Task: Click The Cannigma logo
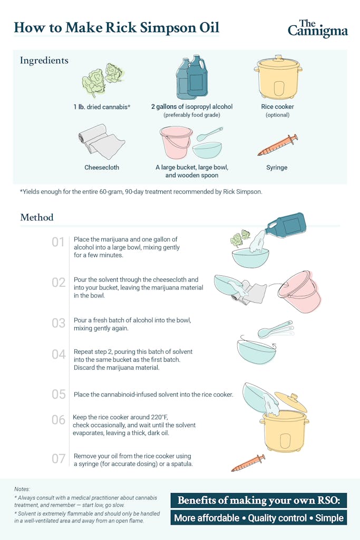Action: coord(318,28)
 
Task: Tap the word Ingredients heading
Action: coord(44,61)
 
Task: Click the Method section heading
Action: coord(37,217)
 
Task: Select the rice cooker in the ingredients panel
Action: coord(278,77)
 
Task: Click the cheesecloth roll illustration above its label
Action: coord(102,141)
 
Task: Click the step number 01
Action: coord(58,242)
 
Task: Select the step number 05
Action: coord(59,394)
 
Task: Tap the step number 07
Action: coord(59,459)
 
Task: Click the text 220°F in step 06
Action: coord(159,417)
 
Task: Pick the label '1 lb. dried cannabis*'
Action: coord(102,107)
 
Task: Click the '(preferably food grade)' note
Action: coord(192,114)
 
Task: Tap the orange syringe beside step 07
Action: coord(248,463)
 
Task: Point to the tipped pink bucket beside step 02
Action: coord(299,291)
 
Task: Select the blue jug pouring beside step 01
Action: coord(286,226)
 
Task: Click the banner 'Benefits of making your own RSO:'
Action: coord(259,500)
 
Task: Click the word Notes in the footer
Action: coord(22,489)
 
